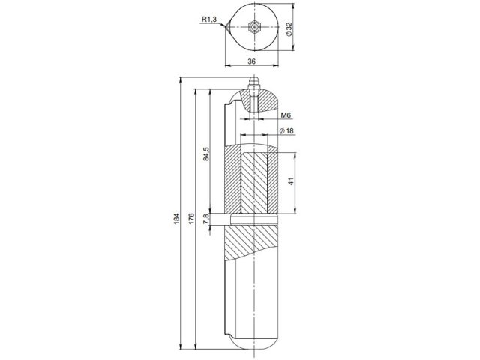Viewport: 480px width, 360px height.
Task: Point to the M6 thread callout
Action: point(286,115)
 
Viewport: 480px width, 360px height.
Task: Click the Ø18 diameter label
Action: point(286,131)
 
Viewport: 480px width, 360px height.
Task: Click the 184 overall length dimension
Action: point(177,217)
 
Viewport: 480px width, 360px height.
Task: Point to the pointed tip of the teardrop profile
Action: point(225,28)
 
